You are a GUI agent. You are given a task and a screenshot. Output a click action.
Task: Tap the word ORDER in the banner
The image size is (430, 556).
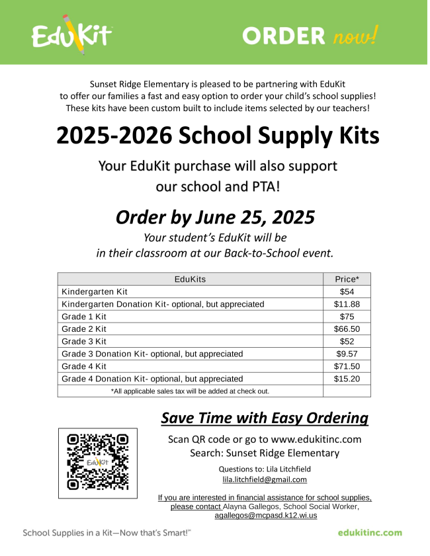coord(284,35)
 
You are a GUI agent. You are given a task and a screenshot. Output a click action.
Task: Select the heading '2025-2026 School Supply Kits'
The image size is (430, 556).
coord(218,136)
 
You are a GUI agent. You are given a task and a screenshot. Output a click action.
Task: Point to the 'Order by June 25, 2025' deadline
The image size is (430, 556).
coord(215,217)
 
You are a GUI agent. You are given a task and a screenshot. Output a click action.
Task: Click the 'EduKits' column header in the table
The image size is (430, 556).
coord(190,279)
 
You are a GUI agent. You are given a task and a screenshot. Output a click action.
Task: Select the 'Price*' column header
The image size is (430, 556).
coord(347,279)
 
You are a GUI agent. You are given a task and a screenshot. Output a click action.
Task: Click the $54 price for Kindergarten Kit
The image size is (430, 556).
coord(347,292)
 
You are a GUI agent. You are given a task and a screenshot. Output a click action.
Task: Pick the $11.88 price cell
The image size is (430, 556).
coord(347,304)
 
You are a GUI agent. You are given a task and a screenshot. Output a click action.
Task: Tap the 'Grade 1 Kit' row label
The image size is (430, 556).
coord(84,317)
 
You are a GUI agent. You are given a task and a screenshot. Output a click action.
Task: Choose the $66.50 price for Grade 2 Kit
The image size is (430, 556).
coord(347,329)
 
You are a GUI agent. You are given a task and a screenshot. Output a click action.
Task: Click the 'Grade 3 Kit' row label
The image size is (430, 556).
coord(84,341)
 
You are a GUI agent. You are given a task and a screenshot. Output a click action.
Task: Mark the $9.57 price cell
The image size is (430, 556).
coord(347,354)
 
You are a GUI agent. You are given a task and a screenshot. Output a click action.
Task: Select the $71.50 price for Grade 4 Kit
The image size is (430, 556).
coord(347,366)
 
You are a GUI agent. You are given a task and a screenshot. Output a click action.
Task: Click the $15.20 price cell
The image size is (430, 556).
coord(347,379)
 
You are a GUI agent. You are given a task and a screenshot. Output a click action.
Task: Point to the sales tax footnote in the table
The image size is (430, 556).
coord(190,391)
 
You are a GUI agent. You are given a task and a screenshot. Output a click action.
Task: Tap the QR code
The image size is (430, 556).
coord(98,463)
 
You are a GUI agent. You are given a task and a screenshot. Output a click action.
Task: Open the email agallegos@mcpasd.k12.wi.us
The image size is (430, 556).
coord(265,515)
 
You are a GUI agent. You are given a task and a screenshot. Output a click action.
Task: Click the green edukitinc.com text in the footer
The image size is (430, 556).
coord(370,533)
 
